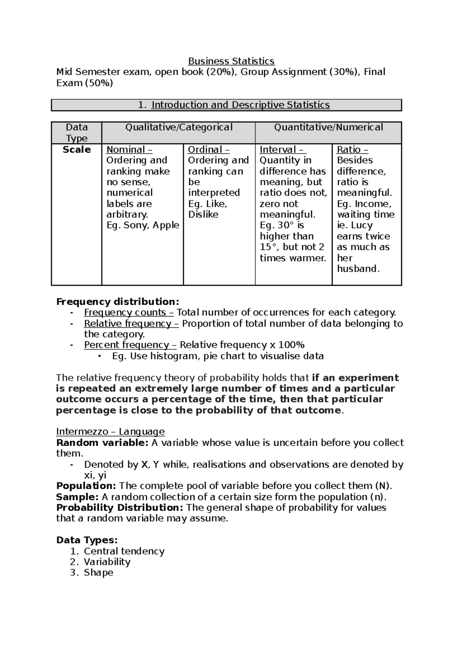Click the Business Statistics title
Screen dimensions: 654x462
pos(231,61)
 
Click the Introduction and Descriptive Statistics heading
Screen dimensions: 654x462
pos(240,105)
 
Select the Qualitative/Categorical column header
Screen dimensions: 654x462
pos(179,127)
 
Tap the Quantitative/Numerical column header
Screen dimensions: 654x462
pos(328,127)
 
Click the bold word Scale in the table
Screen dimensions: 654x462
pos(77,150)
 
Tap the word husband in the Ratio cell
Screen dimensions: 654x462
pos(358,269)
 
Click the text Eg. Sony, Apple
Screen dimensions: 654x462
pos(142,225)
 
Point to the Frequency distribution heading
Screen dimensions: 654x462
pos(117,302)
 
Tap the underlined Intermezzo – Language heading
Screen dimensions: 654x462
pos(110,432)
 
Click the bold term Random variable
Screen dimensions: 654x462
pos(102,443)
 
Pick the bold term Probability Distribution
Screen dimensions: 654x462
pos(120,508)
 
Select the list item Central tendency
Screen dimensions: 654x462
pos(124,551)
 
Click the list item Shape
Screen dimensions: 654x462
pos(98,573)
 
